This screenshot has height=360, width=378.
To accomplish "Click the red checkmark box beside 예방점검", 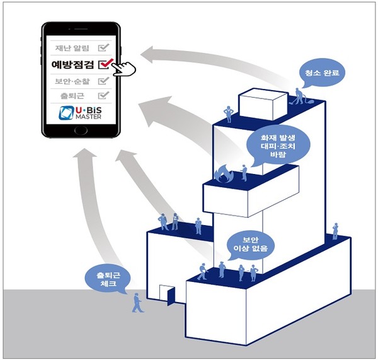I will tap(105, 63).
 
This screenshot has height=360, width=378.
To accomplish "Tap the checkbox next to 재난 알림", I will tap(104, 47).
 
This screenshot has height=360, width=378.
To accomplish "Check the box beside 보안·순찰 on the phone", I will tap(104, 81).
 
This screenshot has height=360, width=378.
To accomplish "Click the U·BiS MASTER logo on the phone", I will tap(81, 114).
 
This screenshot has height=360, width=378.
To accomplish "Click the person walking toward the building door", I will tap(137, 302).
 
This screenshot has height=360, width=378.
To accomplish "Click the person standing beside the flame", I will tap(243, 173).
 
